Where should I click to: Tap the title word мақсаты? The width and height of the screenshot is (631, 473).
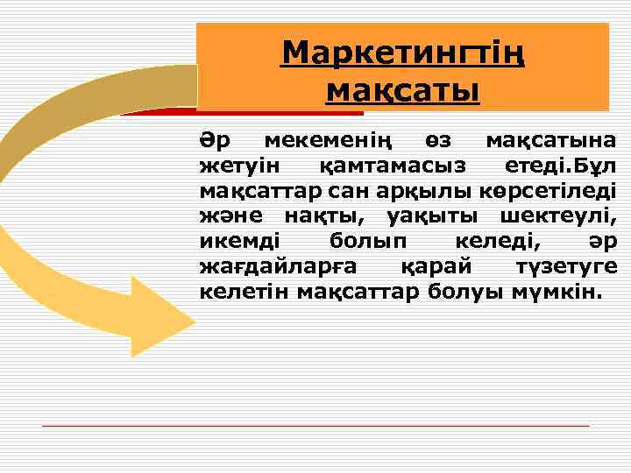402,89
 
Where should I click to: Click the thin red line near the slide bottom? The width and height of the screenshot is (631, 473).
315,426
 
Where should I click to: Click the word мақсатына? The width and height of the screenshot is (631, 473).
551,140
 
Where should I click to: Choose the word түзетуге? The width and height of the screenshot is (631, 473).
562,265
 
